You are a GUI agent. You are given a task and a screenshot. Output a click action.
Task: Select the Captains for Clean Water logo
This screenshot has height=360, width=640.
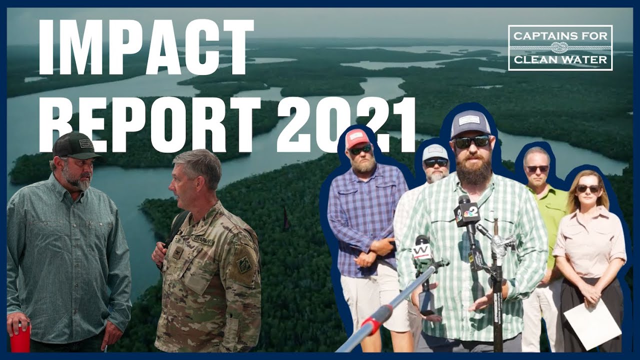tap(560, 48)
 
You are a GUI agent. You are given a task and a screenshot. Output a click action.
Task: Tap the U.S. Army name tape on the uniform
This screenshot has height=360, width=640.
tap(203, 241)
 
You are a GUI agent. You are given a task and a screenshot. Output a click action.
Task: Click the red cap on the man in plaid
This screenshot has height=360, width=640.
tap(357, 137)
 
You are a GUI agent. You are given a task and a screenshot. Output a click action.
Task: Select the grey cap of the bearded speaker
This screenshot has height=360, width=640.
tap(470, 123)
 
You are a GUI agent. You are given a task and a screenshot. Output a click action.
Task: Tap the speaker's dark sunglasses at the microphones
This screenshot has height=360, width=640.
tap(471, 142)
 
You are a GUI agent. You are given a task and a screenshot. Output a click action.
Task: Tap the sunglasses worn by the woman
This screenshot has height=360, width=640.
tap(588, 188)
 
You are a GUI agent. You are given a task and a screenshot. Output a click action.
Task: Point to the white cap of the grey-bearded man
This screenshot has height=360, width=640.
tap(435, 152)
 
